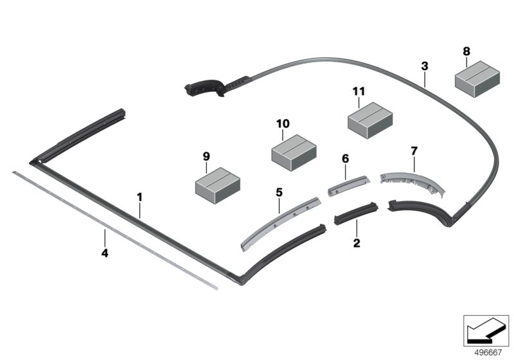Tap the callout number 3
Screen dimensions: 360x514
(x=424, y=66)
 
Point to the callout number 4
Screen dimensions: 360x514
(x=105, y=253)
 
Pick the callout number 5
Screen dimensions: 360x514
(x=279, y=192)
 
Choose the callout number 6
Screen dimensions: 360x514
(x=344, y=157)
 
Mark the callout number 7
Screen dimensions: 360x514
(x=414, y=151)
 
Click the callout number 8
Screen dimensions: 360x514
(x=466, y=51)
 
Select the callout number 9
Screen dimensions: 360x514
(x=206, y=156)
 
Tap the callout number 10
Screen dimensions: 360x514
(x=283, y=123)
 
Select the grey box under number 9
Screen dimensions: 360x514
(x=217, y=181)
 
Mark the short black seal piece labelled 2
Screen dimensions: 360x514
(x=356, y=213)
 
